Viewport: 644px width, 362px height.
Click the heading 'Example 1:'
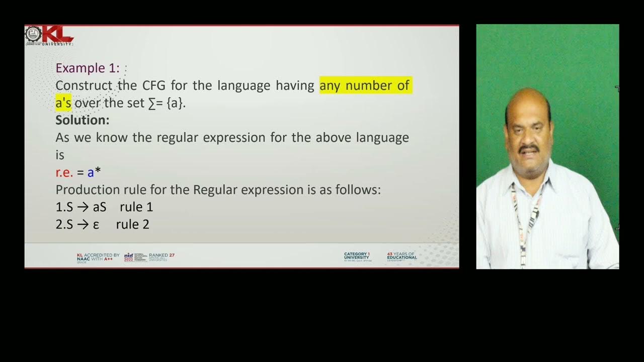click(x=88, y=68)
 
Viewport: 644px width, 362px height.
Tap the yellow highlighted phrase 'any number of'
click(x=365, y=85)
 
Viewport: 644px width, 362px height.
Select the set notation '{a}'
click(x=176, y=103)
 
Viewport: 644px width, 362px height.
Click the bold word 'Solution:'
click(x=82, y=120)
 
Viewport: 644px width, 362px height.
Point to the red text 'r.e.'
click(x=64, y=172)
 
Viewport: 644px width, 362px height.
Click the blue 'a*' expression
click(x=94, y=172)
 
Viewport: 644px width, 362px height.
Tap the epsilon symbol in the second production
click(x=96, y=225)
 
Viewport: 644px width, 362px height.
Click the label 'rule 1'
click(x=136, y=207)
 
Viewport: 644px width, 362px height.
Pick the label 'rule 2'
click(x=132, y=225)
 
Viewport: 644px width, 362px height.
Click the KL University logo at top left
click(x=50, y=35)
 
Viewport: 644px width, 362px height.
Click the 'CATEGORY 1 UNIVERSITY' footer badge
click(x=357, y=256)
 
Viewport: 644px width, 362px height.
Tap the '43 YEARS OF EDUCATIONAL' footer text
click(x=401, y=256)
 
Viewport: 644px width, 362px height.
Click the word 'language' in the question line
click(x=244, y=85)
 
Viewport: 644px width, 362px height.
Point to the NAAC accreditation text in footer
click(x=98, y=257)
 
